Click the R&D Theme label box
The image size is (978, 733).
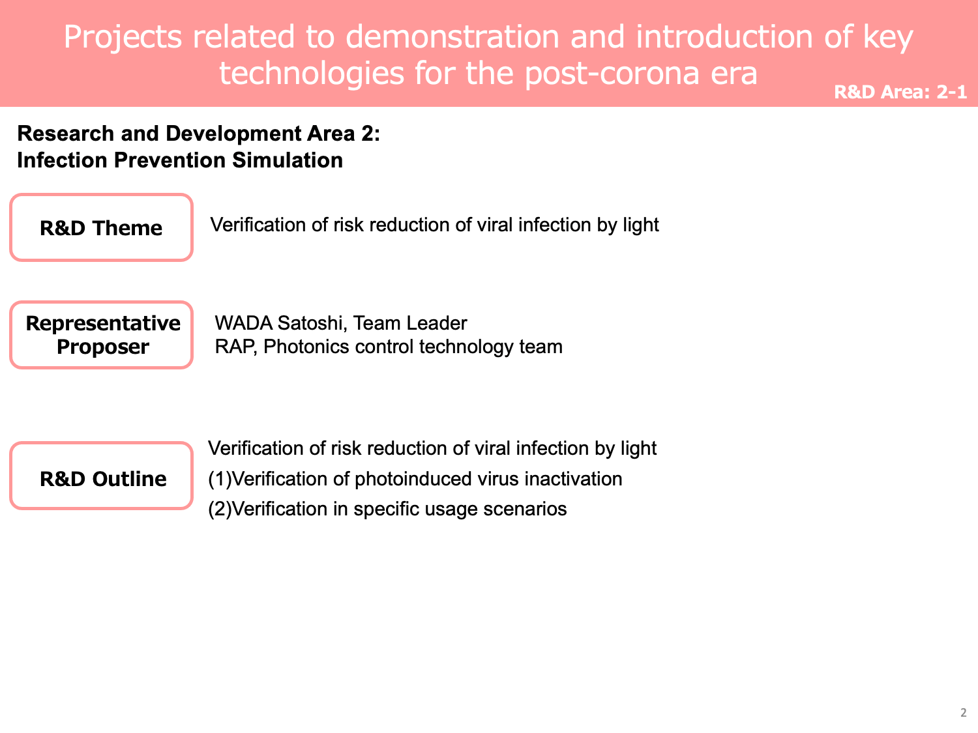pos(101,227)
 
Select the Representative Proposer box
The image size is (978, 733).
pos(101,335)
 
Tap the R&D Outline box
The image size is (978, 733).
pos(101,476)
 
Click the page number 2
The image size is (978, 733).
pos(963,713)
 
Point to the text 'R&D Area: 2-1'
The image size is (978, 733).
pos(900,92)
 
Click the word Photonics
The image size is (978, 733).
pos(306,347)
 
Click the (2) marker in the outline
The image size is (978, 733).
pos(220,509)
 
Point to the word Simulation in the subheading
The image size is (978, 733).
pos(288,160)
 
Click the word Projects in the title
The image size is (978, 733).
pos(123,37)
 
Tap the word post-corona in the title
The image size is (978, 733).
pos(612,74)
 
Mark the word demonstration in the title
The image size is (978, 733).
pos(452,36)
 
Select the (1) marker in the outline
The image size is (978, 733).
pos(220,480)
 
